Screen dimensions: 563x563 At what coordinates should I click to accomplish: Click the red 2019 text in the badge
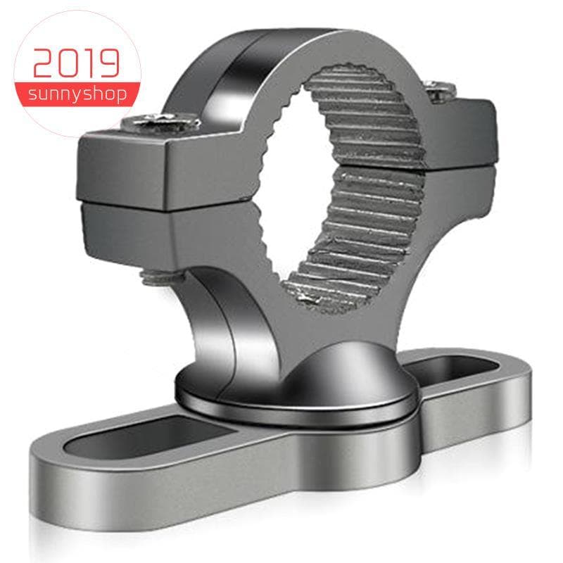point(76,63)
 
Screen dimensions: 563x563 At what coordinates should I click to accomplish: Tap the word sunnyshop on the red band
point(77,94)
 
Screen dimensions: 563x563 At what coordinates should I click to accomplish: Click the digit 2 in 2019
point(44,63)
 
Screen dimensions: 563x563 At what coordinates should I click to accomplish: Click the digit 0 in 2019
point(68,63)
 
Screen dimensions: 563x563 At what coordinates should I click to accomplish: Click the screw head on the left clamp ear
point(160,121)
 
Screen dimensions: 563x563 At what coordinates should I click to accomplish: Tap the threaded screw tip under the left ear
point(159,277)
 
